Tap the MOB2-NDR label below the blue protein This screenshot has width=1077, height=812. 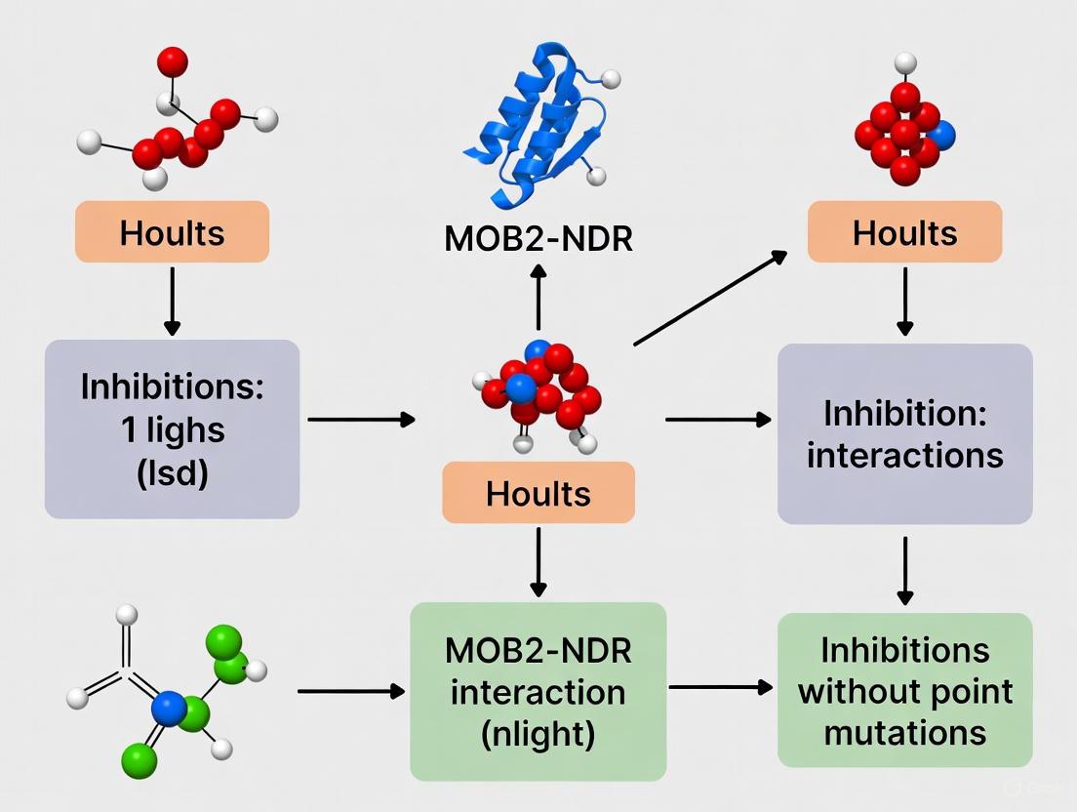point(538,239)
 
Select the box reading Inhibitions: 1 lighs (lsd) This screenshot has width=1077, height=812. point(172,428)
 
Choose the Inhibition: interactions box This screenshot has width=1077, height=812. point(904,433)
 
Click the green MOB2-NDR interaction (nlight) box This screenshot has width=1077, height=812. point(538,691)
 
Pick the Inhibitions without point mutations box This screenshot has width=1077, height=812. point(904,690)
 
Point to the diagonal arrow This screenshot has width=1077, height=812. point(710,298)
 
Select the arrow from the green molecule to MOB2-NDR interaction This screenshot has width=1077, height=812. point(350,691)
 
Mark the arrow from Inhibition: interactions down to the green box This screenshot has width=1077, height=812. point(905,570)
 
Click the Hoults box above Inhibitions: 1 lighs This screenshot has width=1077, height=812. point(172,232)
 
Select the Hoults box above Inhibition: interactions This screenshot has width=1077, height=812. point(904,232)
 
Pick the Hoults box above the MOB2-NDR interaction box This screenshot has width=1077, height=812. point(538,493)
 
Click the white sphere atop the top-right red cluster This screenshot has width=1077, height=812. point(905,63)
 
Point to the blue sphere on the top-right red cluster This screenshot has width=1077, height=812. point(942,136)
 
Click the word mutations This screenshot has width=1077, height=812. point(904,732)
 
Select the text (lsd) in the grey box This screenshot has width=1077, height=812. point(172,475)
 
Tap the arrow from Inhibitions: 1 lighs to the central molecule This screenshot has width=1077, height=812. point(361,420)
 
